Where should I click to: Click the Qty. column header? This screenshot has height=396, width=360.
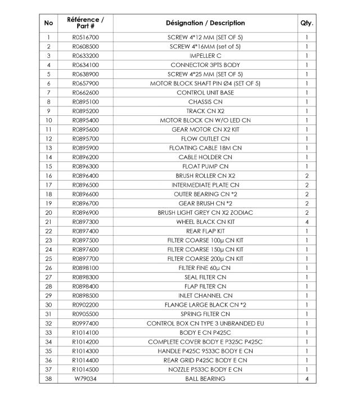[x=307, y=23]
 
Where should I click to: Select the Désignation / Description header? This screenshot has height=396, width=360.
[x=205, y=23]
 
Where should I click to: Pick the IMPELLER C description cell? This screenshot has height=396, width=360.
[x=205, y=56]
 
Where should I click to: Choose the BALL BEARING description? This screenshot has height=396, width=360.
[x=205, y=379]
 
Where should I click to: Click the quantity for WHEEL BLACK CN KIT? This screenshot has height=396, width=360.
[x=307, y=222]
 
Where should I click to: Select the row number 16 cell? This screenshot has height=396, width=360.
[x=49, y=176]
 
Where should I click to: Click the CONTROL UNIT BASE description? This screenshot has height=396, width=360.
[x=205, y=93]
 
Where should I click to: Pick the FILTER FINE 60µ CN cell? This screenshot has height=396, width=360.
[x=205, y=268]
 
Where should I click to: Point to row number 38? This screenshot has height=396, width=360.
[x=49, y=379]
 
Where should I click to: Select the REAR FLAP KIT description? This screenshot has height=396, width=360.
[x=205, y=231]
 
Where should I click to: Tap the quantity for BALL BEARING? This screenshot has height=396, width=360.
[x=307, y=379]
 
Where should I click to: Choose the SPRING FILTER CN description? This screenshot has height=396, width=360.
[x=205, y=314]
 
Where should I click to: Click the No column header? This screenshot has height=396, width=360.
[x=49, y=23]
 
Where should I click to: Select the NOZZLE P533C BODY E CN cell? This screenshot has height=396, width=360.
[x=205, y=370]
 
